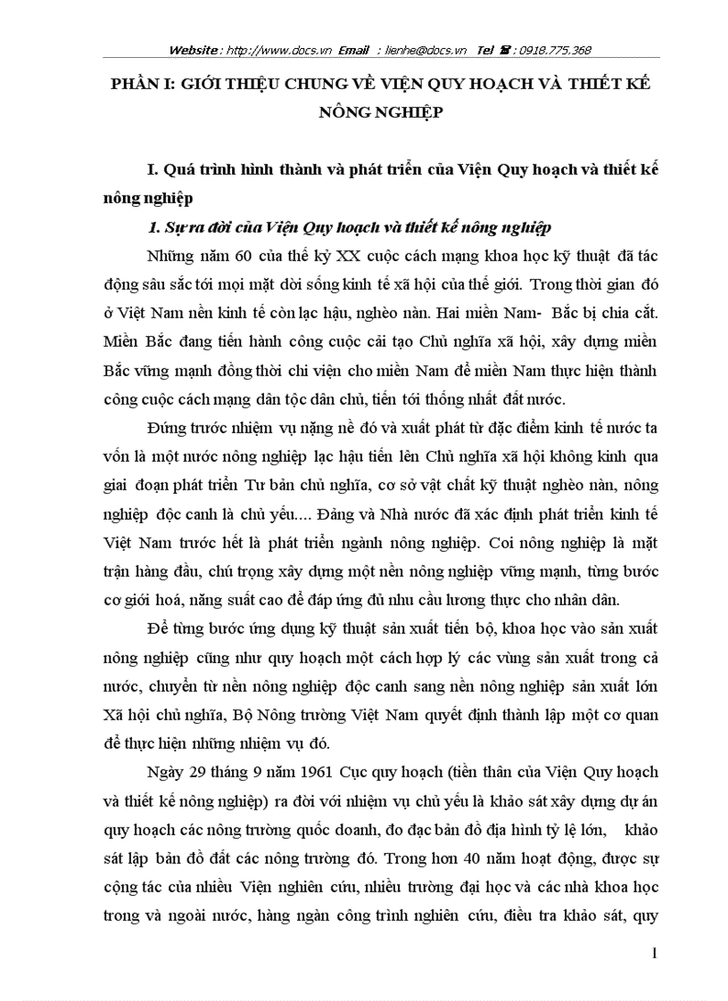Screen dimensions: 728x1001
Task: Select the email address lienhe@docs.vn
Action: (429, 51)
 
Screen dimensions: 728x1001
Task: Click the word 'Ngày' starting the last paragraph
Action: (163, 767)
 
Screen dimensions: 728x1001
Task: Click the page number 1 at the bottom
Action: (654, 956)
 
